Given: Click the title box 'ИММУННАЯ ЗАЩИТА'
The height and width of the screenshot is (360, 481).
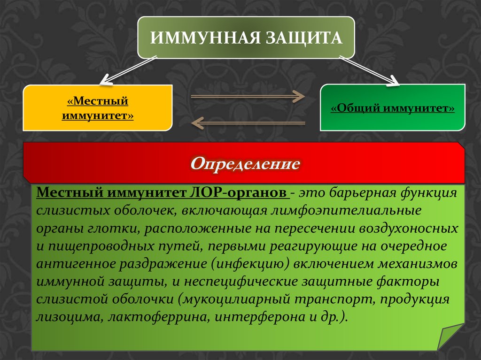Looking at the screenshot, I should pos(246,37).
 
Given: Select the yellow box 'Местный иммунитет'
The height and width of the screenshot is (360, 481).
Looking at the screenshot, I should pos(98,108).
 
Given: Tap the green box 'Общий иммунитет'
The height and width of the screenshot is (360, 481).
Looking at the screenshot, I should pos(393,108).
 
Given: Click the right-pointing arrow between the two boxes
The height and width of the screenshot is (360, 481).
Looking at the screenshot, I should pos(248,97).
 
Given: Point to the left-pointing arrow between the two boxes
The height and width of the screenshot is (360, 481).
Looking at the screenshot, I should pos(248,123).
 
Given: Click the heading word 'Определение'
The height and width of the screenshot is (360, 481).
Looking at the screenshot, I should pos(245,163).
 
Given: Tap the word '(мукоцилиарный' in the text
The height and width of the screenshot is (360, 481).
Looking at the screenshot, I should pos(230,299).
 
